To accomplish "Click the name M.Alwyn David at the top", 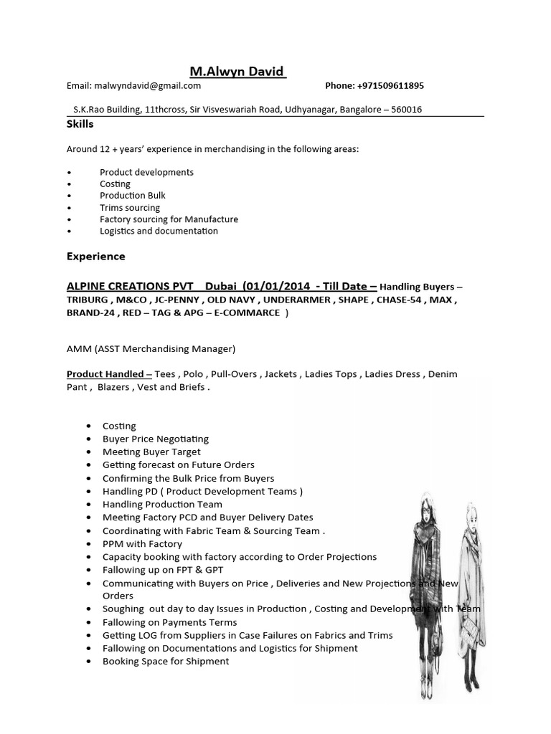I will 237,72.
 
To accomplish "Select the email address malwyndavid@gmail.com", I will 147,86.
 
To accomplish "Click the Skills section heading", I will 80,124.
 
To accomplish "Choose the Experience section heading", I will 95,256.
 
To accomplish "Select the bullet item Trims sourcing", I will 130,208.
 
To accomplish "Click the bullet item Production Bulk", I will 133,196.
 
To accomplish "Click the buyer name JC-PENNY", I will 186,300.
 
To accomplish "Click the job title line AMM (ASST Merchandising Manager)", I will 151,349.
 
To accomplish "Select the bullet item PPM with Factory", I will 143,543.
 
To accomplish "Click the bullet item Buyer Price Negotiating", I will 156,439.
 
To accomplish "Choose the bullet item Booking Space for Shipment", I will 166,661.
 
